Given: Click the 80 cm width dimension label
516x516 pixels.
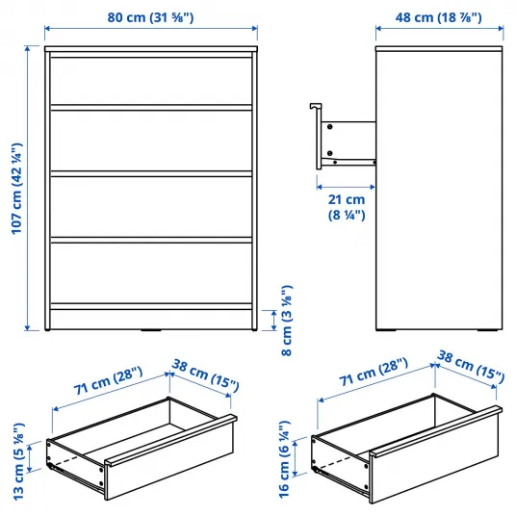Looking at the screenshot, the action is tap(150, 17).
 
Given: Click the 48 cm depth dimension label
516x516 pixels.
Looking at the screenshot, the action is tap(438, 17).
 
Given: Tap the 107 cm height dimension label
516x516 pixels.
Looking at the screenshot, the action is tap(17, 189).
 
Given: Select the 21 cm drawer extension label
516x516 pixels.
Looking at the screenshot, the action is tap(347, 207).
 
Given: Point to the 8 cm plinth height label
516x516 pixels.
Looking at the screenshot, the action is tap(287, 321).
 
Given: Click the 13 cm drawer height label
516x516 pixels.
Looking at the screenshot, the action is tap(18, 461).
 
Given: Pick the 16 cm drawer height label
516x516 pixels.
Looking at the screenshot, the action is tap(284, 459).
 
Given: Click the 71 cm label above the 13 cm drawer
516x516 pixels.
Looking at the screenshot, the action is tap(108, 380).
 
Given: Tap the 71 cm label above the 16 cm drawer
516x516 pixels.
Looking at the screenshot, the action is tap(374, 372).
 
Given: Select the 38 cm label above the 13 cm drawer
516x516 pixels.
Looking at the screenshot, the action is tap(206, 375).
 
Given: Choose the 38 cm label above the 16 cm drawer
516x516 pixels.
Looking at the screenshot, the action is tap(471, 366).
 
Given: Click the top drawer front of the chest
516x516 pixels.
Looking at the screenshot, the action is tap(151, 81).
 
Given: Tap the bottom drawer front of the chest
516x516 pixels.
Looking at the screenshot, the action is tap(151, 272).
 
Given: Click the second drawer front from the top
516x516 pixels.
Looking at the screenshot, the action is tap(151, 141).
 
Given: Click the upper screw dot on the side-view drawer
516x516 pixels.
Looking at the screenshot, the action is tap(330, 127).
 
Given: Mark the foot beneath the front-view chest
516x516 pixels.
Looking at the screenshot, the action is tap(151, 330).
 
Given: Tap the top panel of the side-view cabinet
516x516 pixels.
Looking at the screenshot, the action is tap(439, 49).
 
